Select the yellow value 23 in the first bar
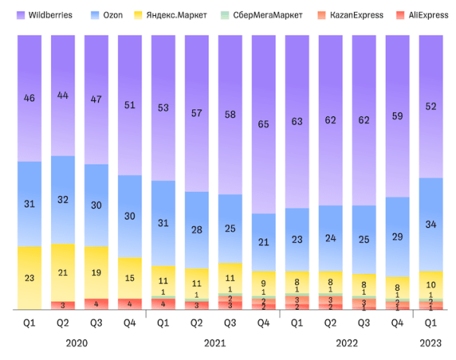[30, 278]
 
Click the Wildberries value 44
[63, 96]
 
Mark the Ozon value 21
[264, 242]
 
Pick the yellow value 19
[97, 273]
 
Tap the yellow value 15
[130, 279]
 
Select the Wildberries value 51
[130, 106]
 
